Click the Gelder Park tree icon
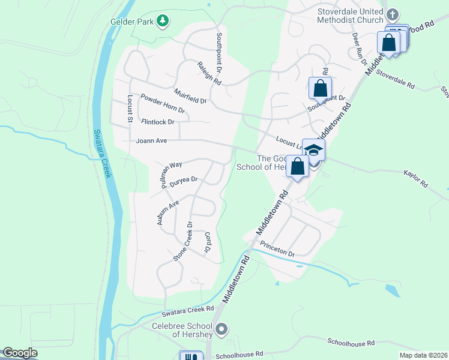[x=162, y=22]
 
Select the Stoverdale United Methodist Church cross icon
[x=392, y=14]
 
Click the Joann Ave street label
[x=151, y=141]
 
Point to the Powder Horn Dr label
[x=162, y=103]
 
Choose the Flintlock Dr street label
[x=157, y=122]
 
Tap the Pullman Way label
[x=170, y=174]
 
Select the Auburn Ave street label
[x=167, y=213]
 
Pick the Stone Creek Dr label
[x=183, y=242]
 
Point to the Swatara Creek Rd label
[x=187, y=311]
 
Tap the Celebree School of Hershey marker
[x=221, y=328]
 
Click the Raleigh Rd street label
[x=209, y=73]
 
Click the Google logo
[x=20, y=353]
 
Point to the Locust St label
[x=129, y=109]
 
